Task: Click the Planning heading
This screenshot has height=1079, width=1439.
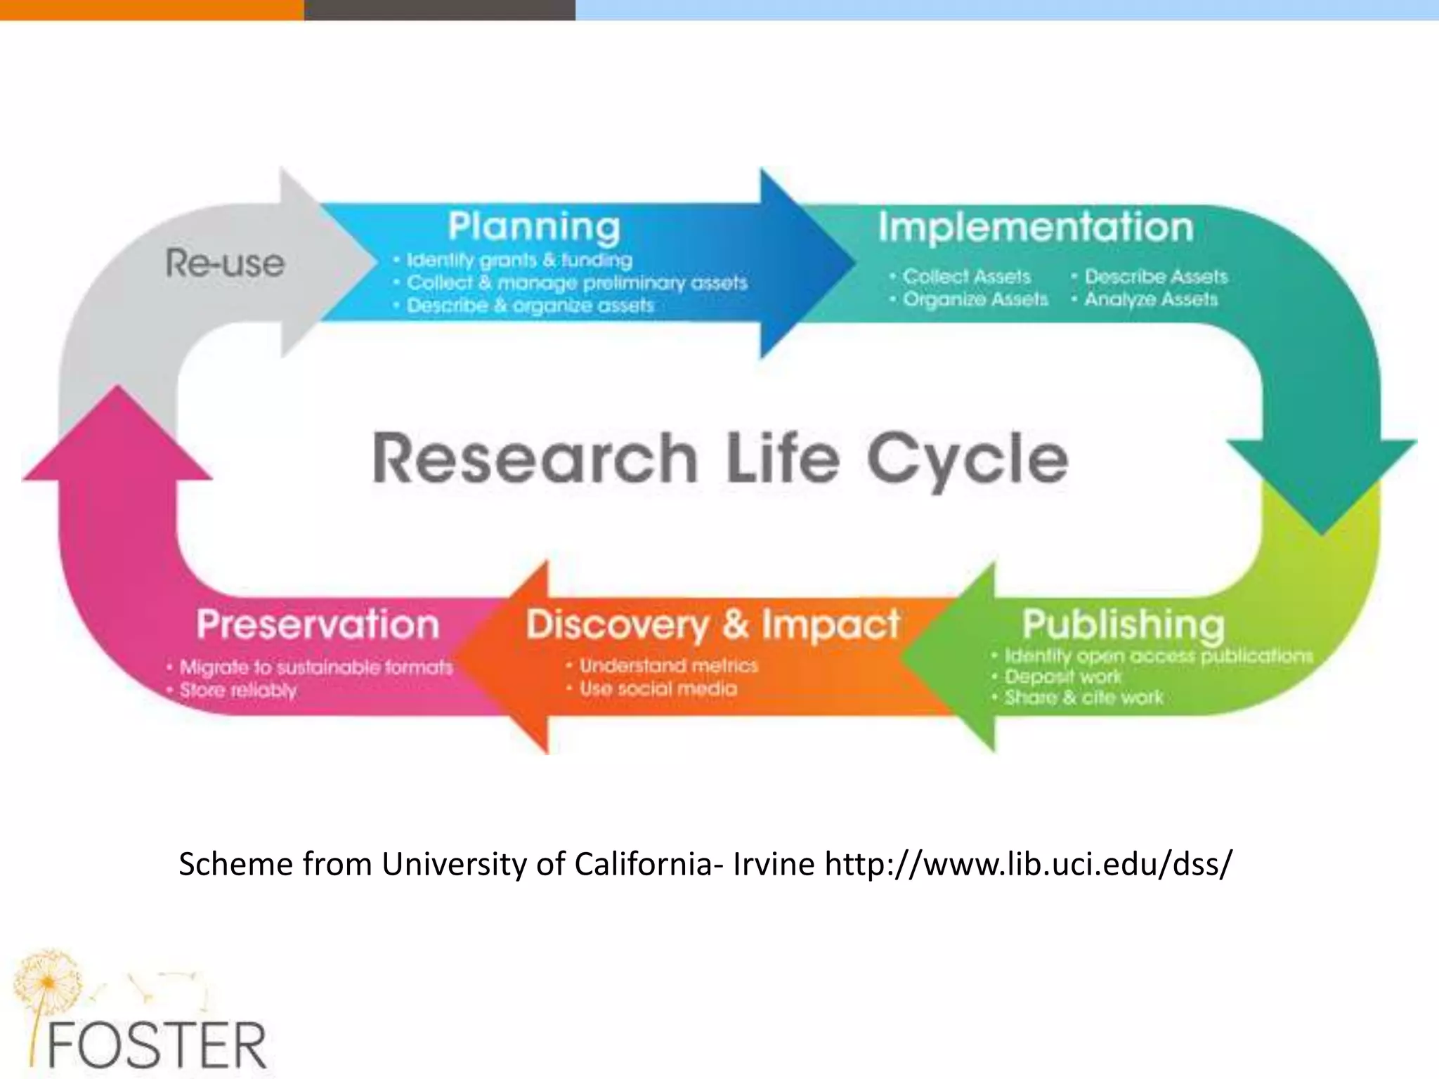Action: (534, 227)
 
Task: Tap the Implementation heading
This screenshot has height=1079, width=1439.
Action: (1036, 227)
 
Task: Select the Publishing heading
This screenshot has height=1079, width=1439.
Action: (1123, 624)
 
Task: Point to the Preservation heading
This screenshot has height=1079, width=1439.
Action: (318, 624)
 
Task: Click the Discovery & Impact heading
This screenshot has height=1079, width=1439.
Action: (712, 624)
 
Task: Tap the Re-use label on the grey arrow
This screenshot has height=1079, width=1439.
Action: (225, 263)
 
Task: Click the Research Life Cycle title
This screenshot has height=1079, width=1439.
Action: (720, 459)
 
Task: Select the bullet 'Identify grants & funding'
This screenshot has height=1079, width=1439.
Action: (519, 260)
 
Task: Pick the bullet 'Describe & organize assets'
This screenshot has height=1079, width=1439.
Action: (530, 306)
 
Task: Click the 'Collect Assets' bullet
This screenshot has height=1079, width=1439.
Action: (966, 276)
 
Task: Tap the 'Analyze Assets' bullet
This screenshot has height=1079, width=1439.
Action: (1150, 299)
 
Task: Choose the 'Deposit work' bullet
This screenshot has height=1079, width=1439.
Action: (1062, 676)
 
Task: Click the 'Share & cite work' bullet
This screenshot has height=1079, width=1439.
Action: (1083, 698)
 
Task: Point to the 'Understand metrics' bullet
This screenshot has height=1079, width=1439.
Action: (668, 665)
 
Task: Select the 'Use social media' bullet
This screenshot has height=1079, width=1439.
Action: (658, 688)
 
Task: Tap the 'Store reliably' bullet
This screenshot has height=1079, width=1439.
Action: (237, 690)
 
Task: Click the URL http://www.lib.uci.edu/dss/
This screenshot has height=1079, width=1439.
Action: (1028, 863)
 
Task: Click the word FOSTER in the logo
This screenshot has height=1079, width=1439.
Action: (156, 1045)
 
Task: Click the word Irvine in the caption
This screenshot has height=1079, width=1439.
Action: (773, 863)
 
